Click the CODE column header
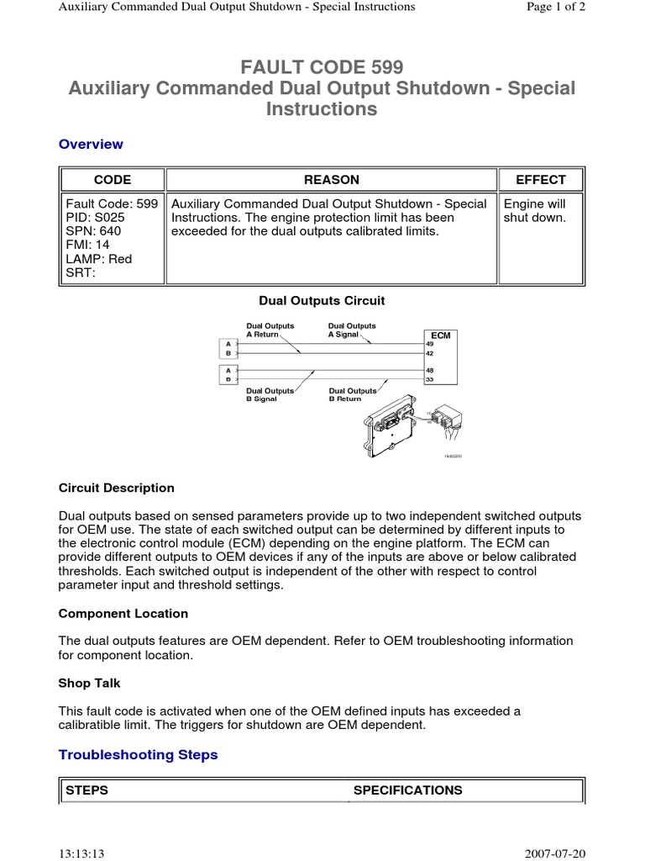tap(112, 180)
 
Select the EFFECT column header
tap(541, 180)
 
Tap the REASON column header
tap(331, 180)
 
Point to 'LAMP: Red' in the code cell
tap(99, 259)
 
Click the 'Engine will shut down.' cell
tap(534, 211)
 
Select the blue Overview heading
tap(91, 145)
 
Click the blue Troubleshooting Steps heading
tap(138, 755)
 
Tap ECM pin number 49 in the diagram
tap(430, 344)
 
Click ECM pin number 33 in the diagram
tap(430, 380)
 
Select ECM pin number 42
tap(430, 354)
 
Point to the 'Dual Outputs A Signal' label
tap(352, 330)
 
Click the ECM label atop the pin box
tap(440, 335)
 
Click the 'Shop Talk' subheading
tap(89, 684)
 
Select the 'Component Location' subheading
tap(123, 614)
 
